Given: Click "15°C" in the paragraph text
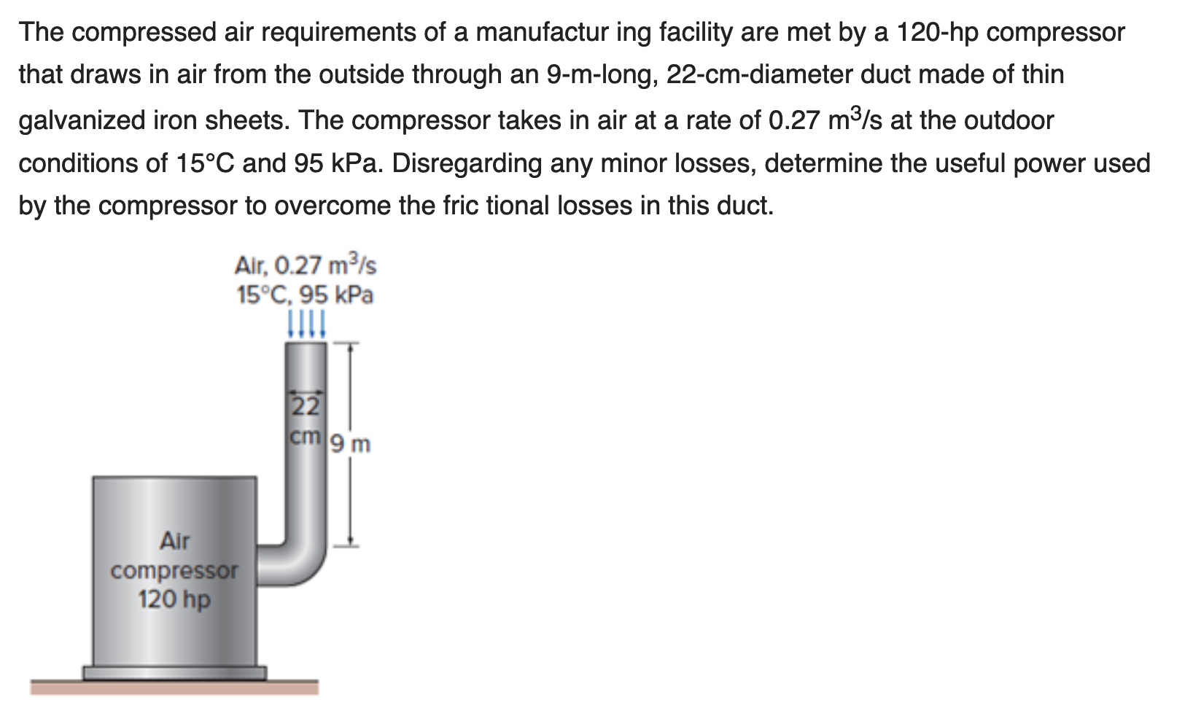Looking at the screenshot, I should pos(204,163).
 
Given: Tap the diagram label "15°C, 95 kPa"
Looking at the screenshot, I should pos(306,295).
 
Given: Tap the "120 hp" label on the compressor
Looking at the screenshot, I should pos(174,600).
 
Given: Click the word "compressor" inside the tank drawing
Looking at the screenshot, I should pos(174,570).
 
